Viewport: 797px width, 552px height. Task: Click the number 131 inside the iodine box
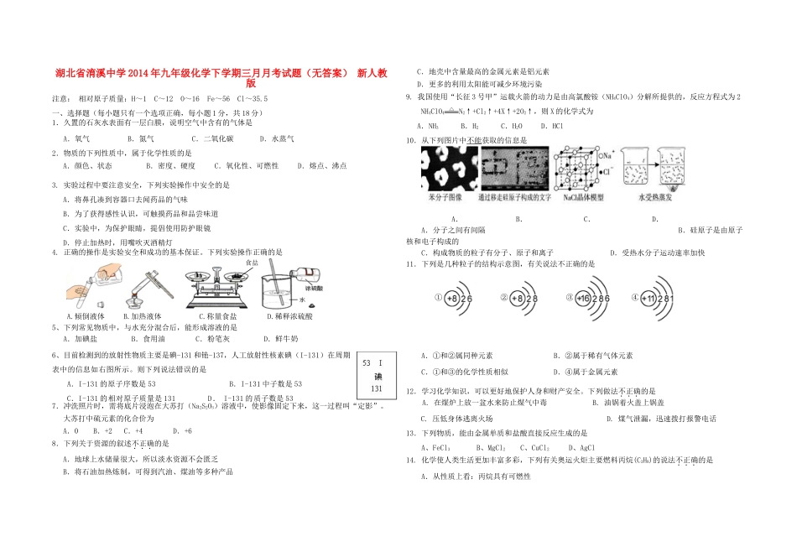377,388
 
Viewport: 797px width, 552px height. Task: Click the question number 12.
410,390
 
